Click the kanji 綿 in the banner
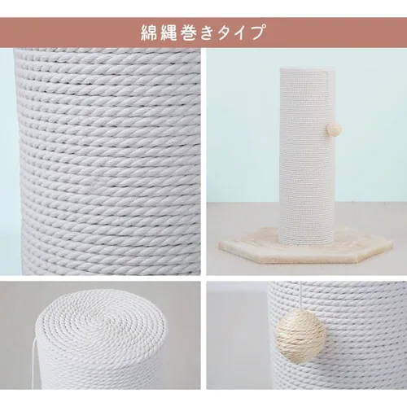click(x=151, y=33)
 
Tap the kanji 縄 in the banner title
click(x=171, y=33)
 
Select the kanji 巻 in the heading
click(x=191, y=33)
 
